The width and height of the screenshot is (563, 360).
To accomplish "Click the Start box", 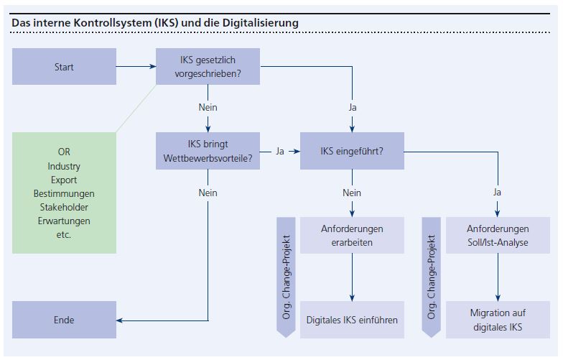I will (x=64, y=67).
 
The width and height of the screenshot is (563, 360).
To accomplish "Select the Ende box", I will (x=64, y=320).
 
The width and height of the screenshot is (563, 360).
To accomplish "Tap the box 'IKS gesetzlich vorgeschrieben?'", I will (x=208, y=67).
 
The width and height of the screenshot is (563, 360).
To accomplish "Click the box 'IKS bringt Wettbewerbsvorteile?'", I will (x=208, y=151).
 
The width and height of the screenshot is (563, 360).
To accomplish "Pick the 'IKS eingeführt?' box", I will (x=352, y=152).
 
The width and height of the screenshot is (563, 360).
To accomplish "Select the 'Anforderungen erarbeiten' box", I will (x=352, y=235).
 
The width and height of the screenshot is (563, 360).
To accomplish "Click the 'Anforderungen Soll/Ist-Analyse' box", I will (x=498, y=235).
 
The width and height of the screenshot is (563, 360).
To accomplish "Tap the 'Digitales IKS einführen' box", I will (x=352, y=320).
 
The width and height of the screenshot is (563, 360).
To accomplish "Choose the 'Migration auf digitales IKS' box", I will (x=498, y=320).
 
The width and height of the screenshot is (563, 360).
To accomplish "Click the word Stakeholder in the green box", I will (x=64, y=208).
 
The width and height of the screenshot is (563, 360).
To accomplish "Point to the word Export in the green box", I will (x=64, y=180).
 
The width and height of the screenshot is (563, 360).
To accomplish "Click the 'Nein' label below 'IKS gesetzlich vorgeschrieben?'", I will (x=208, y=107).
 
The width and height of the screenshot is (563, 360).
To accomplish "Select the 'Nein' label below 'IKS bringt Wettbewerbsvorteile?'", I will (x=208, y=193).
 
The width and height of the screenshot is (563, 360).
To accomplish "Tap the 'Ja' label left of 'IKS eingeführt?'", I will (x=280, y=152).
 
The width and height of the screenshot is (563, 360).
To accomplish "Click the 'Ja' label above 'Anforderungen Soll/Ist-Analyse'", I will (x=498, y=193).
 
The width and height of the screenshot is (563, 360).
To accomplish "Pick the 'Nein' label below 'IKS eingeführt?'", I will (x=352, y=193).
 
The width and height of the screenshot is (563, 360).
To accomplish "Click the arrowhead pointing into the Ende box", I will (x=121, y=320).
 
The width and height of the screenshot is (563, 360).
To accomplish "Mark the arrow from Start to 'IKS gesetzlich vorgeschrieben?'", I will (x=136, y=67).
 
